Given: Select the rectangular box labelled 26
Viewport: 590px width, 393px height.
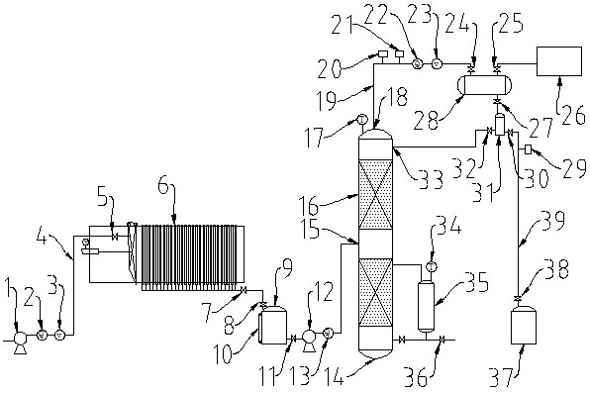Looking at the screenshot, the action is [x=558, y=61].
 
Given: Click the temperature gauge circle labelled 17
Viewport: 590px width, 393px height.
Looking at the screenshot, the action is [x=361, y=120].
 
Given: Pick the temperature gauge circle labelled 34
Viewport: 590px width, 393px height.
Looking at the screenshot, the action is [x=432, y=267].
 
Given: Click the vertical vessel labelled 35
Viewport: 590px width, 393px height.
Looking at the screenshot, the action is [x=426, y=307].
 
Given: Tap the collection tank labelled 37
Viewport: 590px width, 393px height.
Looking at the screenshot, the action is [x=523, y=325].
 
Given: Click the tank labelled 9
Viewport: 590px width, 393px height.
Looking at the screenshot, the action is [x=274, y=325].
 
